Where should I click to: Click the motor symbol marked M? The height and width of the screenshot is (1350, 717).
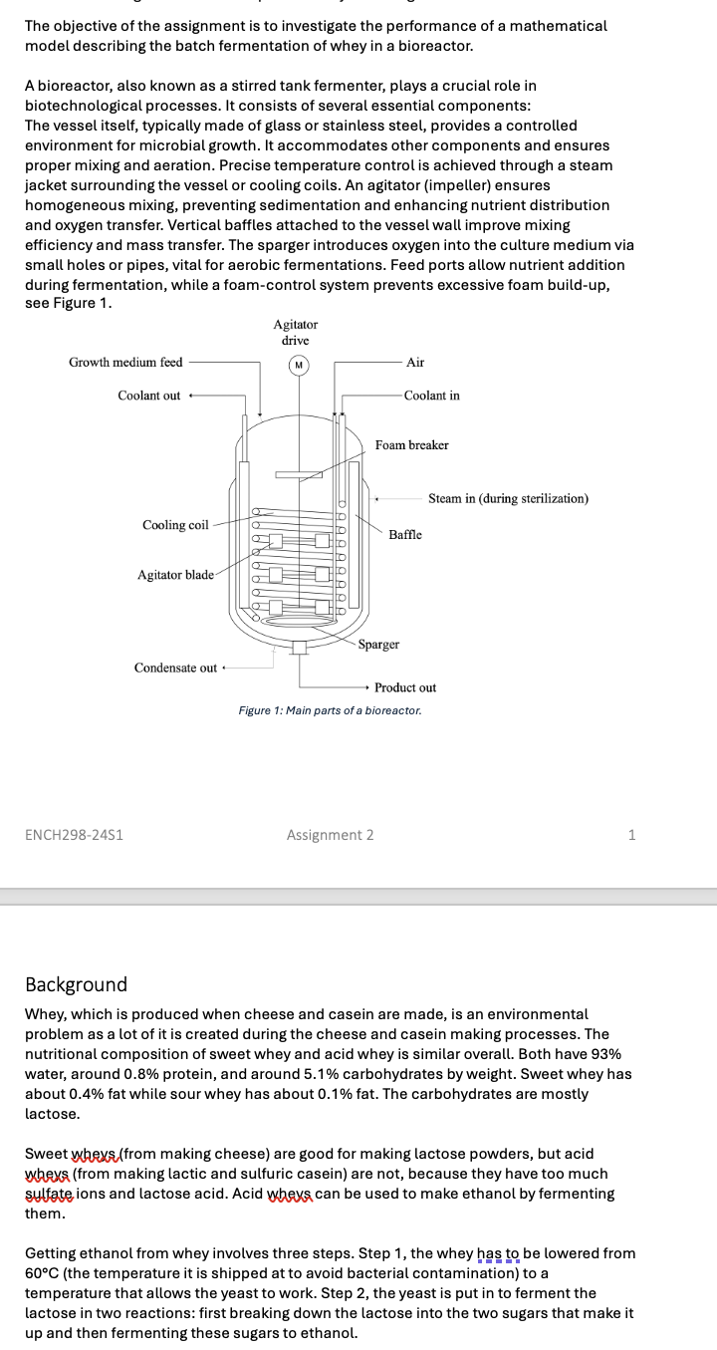297,365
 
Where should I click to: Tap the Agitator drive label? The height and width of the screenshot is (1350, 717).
296,332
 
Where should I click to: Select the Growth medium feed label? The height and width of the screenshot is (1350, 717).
125,363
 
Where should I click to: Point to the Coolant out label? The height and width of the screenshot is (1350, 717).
149,396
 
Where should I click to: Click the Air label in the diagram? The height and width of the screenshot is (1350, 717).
415,363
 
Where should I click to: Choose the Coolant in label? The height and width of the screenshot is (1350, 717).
432,396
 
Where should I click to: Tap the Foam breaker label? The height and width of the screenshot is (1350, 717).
411,445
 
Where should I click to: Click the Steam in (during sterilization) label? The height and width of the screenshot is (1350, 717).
508,498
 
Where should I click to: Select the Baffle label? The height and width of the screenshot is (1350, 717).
405,535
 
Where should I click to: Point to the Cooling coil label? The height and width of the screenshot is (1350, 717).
175,525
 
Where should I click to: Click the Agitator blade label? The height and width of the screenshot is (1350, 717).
175,575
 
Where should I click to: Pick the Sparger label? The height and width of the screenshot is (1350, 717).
378,645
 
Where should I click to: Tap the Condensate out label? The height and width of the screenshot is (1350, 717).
175,668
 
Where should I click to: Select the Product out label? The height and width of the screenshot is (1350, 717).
405,687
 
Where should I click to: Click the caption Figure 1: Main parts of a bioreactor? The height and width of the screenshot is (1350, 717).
330,711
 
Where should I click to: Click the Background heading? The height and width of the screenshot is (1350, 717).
76,984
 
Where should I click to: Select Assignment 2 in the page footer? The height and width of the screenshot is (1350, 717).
330,835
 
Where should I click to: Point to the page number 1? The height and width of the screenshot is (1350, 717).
631,835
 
